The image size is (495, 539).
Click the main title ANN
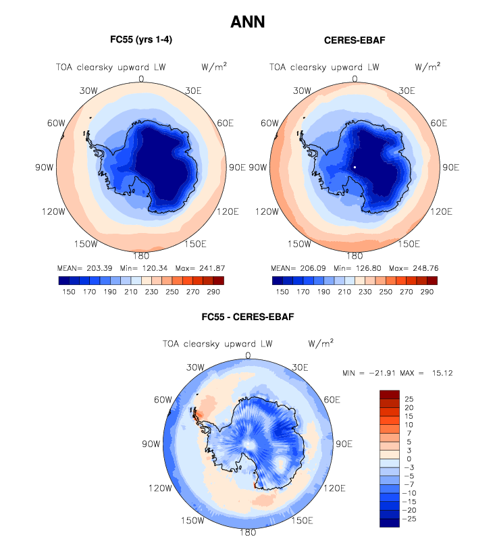[247, 22]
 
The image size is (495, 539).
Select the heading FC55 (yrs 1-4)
[140, 41]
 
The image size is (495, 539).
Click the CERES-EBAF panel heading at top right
[354, 41]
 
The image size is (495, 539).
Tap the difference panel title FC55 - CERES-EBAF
[247, 316]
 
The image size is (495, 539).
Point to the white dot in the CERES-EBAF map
[354, 166]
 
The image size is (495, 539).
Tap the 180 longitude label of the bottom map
[247, 532]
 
